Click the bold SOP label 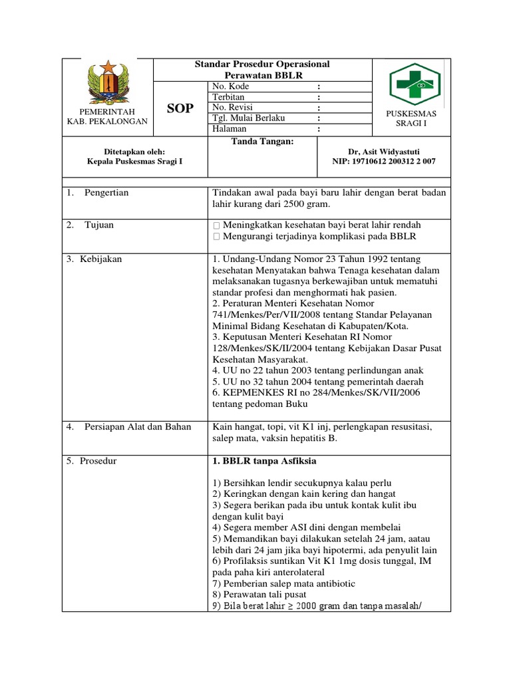coord(180,108)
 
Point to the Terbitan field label coord(228,97)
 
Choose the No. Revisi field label coord(232,107)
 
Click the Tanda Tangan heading coord(262,141)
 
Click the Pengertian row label coord(106,193)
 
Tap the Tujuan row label coord(98,225)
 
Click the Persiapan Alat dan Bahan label coord(137,426)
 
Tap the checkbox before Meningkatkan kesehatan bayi coord(216,225)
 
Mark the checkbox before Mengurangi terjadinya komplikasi coord(216,236)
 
